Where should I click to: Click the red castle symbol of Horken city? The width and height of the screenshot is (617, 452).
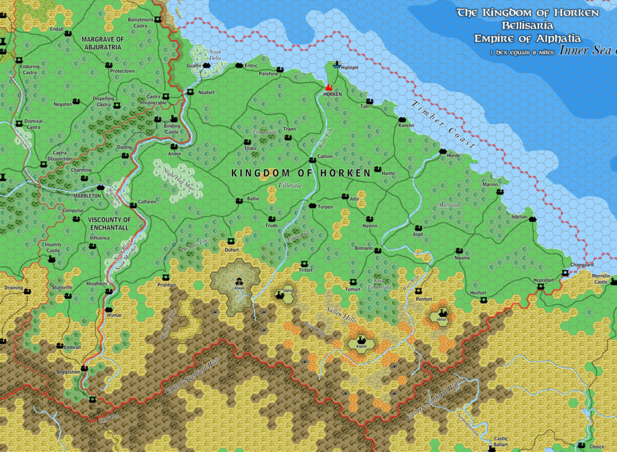(x=329, y=87)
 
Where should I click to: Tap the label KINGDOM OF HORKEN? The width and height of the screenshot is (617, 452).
(x=301, y=173)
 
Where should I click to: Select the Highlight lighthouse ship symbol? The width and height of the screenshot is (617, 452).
(x=336, y=63)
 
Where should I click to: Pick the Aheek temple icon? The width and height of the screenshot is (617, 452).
(x=240, y=281)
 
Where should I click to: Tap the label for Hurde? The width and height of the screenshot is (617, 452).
(x=453, y=155)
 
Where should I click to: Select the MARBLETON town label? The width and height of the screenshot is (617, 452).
(x=87, y=196)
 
